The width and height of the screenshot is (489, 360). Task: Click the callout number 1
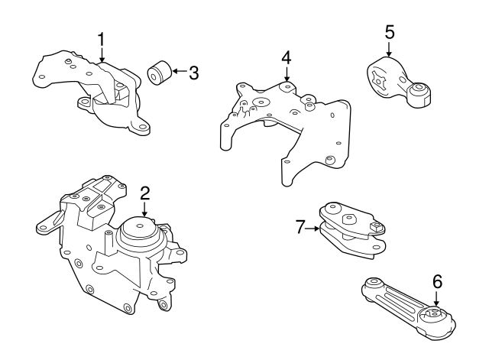click(x=101, y=38)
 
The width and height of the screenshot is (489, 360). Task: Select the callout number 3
click(x=193, y=73)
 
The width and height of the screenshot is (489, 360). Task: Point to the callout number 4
click(x=286, y=57)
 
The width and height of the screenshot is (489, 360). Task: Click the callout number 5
click(x=389, y=32)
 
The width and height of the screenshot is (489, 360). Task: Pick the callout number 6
click(x=437, y=282)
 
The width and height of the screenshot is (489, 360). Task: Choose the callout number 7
click(x=300, y=226)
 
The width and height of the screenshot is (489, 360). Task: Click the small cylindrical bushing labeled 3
click(x=159, y=73)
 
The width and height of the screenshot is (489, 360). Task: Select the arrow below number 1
click(x=101, y=55)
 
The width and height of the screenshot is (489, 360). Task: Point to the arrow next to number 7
click(x=314, y=226)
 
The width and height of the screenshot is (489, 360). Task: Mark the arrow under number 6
click(x=437, y=300)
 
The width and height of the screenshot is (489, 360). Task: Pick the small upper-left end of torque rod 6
click(x=374, y=284)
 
